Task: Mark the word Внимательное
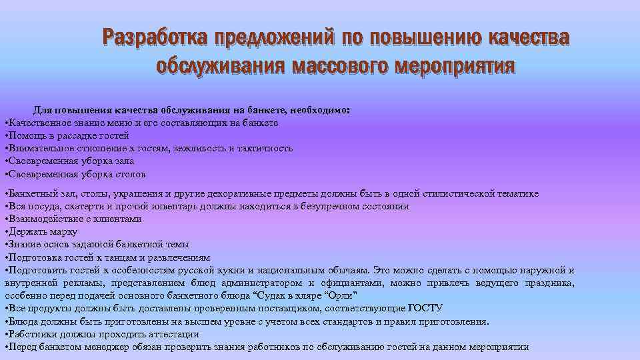[x=37, y=148]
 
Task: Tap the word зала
[x=125, y=161]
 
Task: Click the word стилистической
[x=458, y=194]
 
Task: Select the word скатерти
[x=81, y=207]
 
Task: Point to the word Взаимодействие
[x=41, y=219]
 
